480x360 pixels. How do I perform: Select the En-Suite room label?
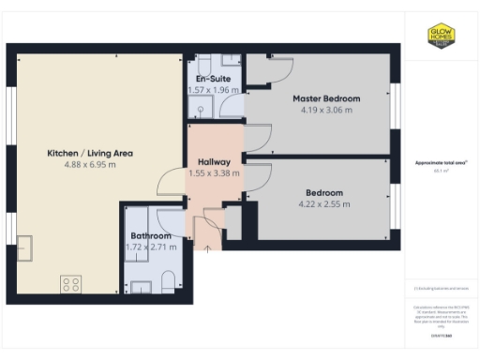(213, 79)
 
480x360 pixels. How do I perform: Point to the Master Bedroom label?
(326, 98)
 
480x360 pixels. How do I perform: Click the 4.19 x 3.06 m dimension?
(326, 110)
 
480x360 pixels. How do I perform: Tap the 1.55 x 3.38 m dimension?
(213, 172)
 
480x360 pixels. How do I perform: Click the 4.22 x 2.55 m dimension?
(323, 203)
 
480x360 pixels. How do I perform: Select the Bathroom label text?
(150, 235)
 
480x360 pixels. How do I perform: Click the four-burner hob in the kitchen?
(70, 282)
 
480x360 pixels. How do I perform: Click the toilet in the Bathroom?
(167, 282)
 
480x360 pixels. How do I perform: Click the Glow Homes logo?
(441, 36)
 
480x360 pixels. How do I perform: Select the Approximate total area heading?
(441, 162)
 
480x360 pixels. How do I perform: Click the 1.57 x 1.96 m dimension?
(213, 90)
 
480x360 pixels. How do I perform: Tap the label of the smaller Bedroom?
(323, 192)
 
